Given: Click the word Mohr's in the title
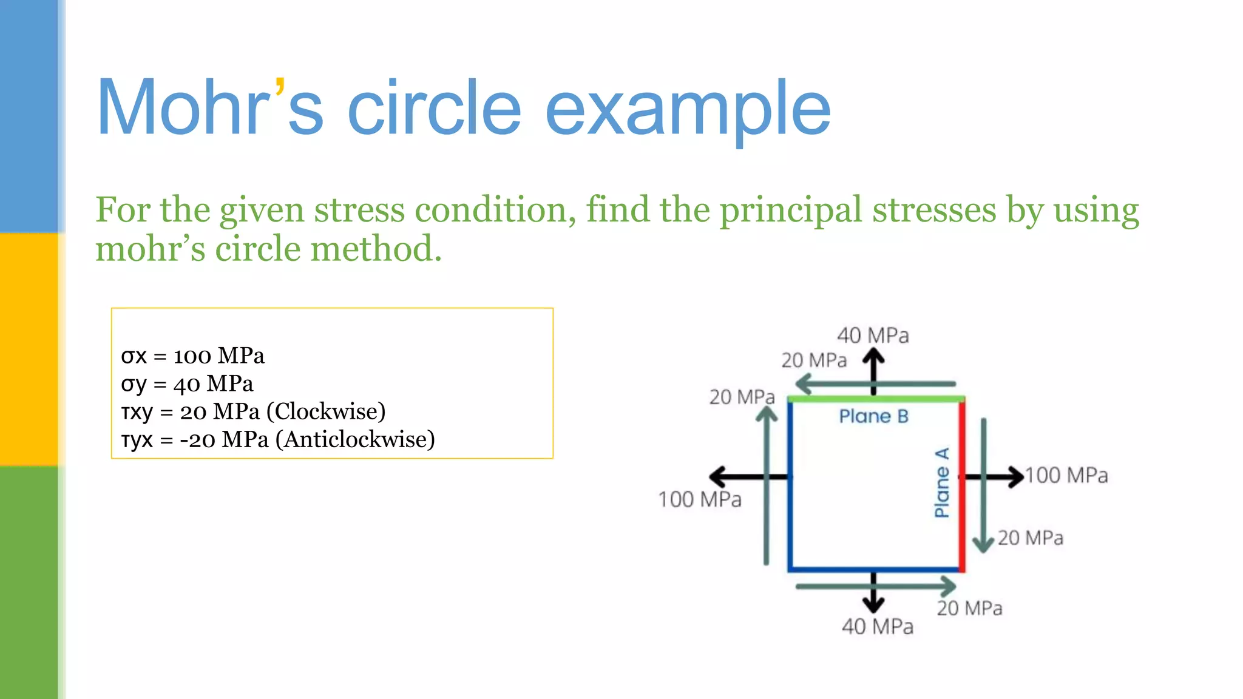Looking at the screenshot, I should (209, 107).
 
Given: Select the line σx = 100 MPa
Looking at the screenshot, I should (192, 356).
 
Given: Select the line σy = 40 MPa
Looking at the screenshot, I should (187, 383).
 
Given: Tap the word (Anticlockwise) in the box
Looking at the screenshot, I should (355, 439).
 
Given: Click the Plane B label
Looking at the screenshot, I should (873, 416).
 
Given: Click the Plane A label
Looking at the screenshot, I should (941, 483).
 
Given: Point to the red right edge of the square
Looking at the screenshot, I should (962, 485).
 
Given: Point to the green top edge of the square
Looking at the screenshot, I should (875, 399).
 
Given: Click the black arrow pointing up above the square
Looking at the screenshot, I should (873, 371).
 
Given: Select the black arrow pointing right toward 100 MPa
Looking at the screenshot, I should (995, 476).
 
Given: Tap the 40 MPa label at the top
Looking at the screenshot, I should (873, 336).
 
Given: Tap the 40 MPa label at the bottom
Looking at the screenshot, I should (877, 627).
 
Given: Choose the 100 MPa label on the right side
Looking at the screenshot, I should (1066, 475).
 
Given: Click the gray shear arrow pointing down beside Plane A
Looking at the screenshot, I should (983, 485).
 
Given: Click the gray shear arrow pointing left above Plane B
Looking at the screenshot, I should (874, 384).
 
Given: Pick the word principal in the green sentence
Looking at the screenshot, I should (790, 210).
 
